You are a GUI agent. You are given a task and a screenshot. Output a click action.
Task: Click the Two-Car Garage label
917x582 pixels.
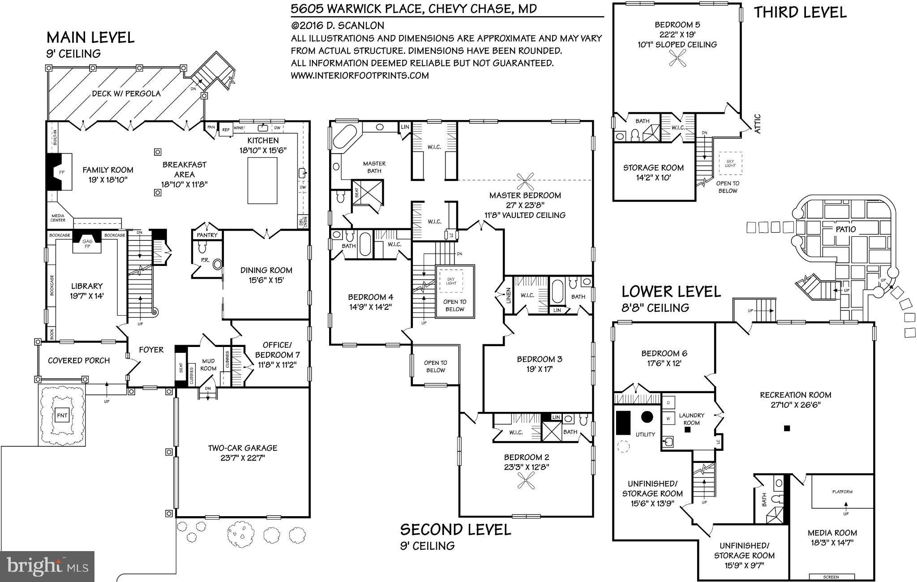(242, 448)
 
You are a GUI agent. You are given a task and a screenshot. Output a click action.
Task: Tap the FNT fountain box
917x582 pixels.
(62, 415)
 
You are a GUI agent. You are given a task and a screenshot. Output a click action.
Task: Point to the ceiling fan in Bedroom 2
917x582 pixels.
(526, 481)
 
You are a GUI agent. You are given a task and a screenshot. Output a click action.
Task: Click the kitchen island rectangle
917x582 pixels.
(262, 180)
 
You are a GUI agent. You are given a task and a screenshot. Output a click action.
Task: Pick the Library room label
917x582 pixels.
(87, 286)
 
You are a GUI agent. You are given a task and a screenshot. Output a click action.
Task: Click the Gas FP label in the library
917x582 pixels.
(87, 244)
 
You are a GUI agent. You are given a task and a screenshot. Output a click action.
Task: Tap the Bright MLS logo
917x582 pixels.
(47, 567)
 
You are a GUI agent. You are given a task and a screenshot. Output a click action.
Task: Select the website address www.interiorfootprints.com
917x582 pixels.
(360, 75)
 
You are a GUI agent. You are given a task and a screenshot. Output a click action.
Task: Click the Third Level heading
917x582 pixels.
(800, 12)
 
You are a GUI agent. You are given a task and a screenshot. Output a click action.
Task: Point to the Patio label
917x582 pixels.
(845, 229)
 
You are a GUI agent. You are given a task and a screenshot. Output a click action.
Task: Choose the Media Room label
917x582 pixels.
(832, 533)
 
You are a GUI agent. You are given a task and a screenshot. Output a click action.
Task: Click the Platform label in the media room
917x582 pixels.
(842, 492)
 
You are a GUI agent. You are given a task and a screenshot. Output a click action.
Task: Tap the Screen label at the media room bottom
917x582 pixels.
(831, 577)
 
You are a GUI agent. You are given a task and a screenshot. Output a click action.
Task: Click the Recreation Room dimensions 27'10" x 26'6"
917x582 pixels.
(795, 405)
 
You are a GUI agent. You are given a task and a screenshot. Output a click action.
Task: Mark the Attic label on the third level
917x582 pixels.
(757, 124)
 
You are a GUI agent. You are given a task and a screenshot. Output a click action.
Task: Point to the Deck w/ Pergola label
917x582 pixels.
(126, 94)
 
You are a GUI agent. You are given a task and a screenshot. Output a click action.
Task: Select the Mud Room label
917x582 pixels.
(208, 364)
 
